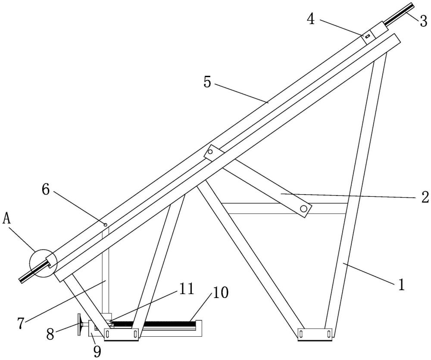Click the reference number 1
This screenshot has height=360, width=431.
click(x=402, y=285)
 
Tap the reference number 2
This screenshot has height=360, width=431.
click(x=425, y=197)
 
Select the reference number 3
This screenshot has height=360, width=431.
click(x=423, y=21)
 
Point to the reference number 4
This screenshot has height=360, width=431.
click(x=311, y=19)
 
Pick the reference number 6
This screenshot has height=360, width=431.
click(x=46, y=189)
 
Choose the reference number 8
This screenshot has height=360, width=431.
click(x=50, y=334)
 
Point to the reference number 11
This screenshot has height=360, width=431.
click(x=186, y=289)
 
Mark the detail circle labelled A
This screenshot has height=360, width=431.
click(x=43, y=262)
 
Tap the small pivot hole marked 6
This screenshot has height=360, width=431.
click(x=105, y=224)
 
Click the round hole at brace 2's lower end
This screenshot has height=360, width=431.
click(x=303, y=209)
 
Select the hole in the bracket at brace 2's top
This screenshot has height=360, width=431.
click(x=211, y=152)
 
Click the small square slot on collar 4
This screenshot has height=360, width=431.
click(x=367, y=36)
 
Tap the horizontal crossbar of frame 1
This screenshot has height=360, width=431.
click(x=285, y=208)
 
